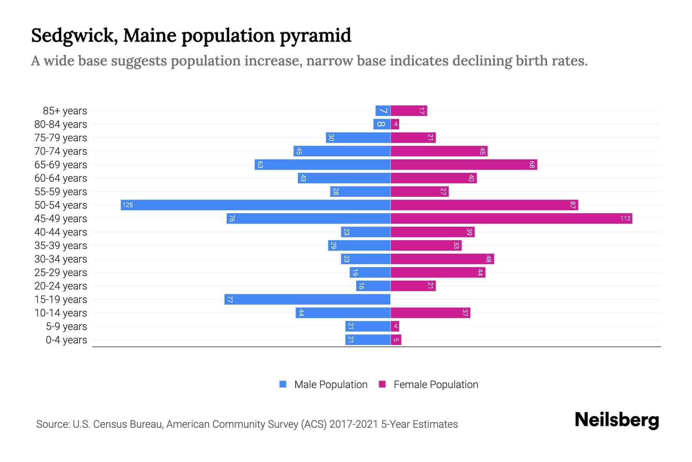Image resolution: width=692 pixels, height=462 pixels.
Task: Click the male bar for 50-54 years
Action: tap(256, 205)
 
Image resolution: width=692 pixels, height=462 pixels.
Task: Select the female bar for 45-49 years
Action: tap(511, 218)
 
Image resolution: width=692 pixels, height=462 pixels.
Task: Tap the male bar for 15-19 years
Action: tap(308, 299)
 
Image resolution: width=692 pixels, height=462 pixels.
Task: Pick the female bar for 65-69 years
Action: tap(464, 164)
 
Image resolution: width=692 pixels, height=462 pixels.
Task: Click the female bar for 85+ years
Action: tap(409, 110)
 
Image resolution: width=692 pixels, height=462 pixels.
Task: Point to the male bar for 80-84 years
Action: tap(382, 124)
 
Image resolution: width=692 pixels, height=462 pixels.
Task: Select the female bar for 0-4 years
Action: tap(396, 340)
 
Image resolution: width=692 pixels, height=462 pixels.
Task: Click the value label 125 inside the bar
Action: tap(128, 205)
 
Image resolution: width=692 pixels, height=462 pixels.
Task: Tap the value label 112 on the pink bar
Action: tap(625, 218)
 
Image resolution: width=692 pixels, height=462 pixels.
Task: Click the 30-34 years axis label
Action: tap(61, 259)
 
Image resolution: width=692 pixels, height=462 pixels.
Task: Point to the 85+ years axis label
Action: tap(65, 110)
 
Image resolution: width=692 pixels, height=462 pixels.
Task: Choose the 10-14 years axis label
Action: tap(61, 313)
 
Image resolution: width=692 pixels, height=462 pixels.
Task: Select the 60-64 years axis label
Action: tap(61, 178)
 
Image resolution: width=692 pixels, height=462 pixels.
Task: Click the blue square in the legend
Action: tap(283, 384)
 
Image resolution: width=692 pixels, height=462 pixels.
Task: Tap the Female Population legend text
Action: tap(436, 384)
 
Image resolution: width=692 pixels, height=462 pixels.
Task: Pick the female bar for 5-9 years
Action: tap(395, 326)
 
